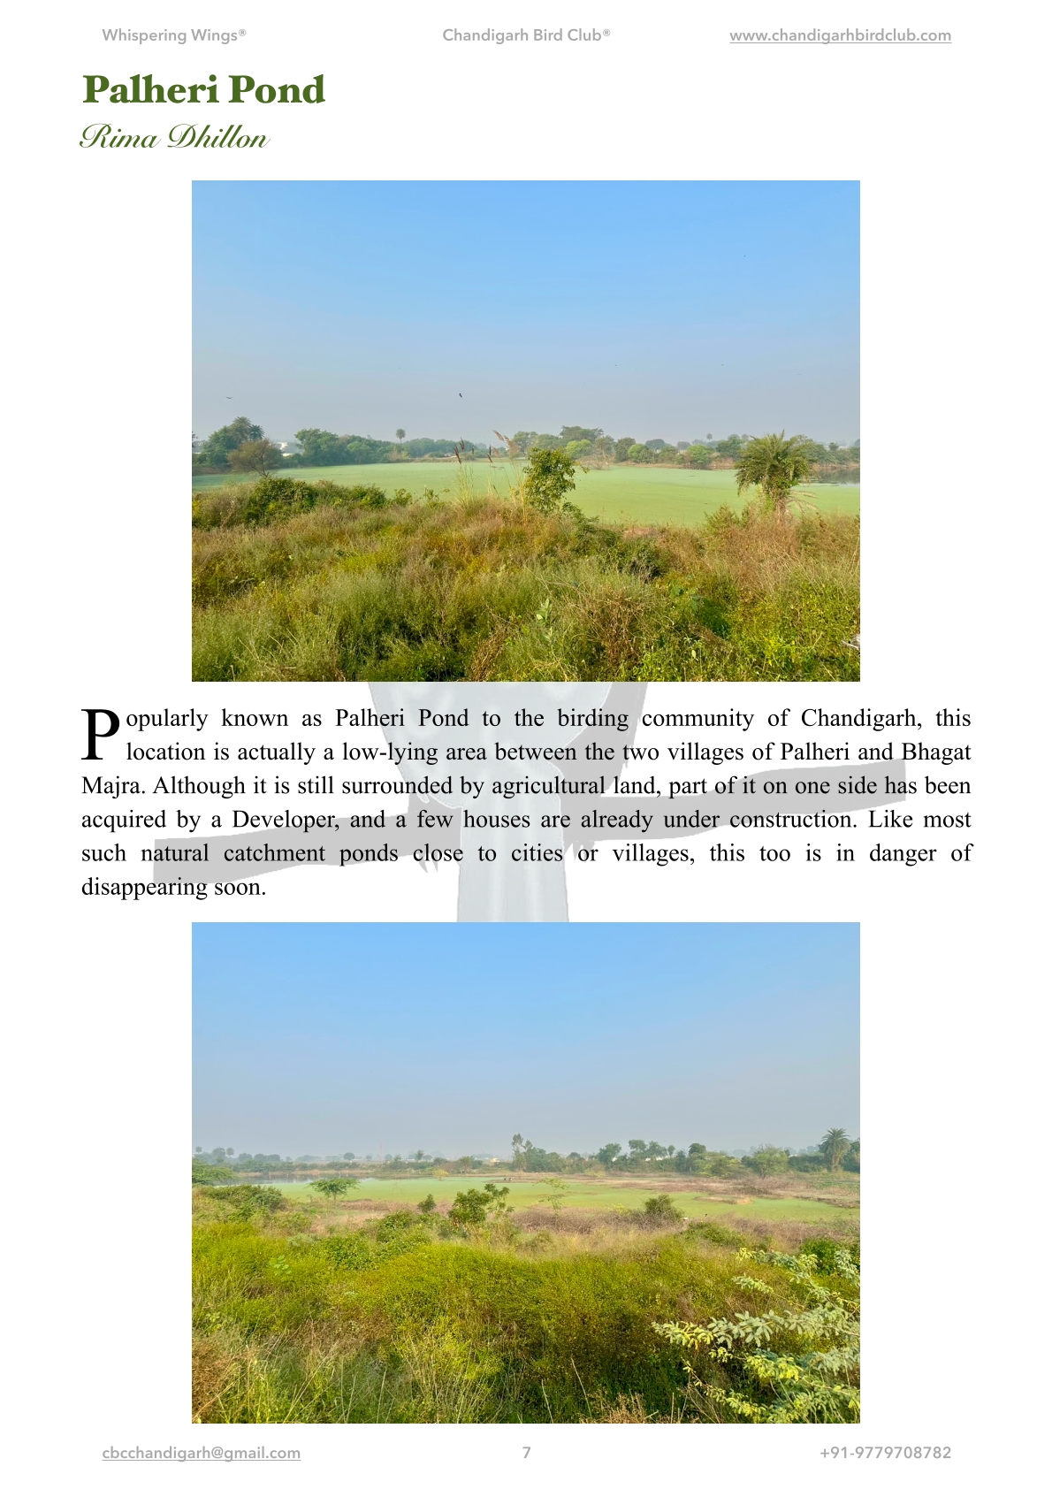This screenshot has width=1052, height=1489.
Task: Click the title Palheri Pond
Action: click(203, 90)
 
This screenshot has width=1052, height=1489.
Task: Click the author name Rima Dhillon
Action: click(173, 138)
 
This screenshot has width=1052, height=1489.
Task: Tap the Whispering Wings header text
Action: click(173, 35)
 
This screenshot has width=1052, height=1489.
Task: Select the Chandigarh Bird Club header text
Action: click(526, 35)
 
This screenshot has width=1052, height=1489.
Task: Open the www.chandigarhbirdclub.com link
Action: click(840, 35)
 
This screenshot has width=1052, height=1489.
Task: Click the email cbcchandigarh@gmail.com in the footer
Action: click(202, 1453)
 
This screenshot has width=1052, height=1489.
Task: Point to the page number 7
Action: click(527, 1453)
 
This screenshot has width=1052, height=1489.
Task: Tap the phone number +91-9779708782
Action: click(885, 1453)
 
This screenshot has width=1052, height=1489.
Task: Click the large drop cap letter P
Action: click(101, 735)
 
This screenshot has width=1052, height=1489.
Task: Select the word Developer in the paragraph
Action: click(285, 820)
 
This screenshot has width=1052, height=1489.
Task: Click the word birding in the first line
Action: click(592, 718)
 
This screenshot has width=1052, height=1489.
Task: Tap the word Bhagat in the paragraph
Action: click(935, 752)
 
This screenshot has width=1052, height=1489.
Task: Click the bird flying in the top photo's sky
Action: click(461, 395)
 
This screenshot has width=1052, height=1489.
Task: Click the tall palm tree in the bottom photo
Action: click(834, 1146)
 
